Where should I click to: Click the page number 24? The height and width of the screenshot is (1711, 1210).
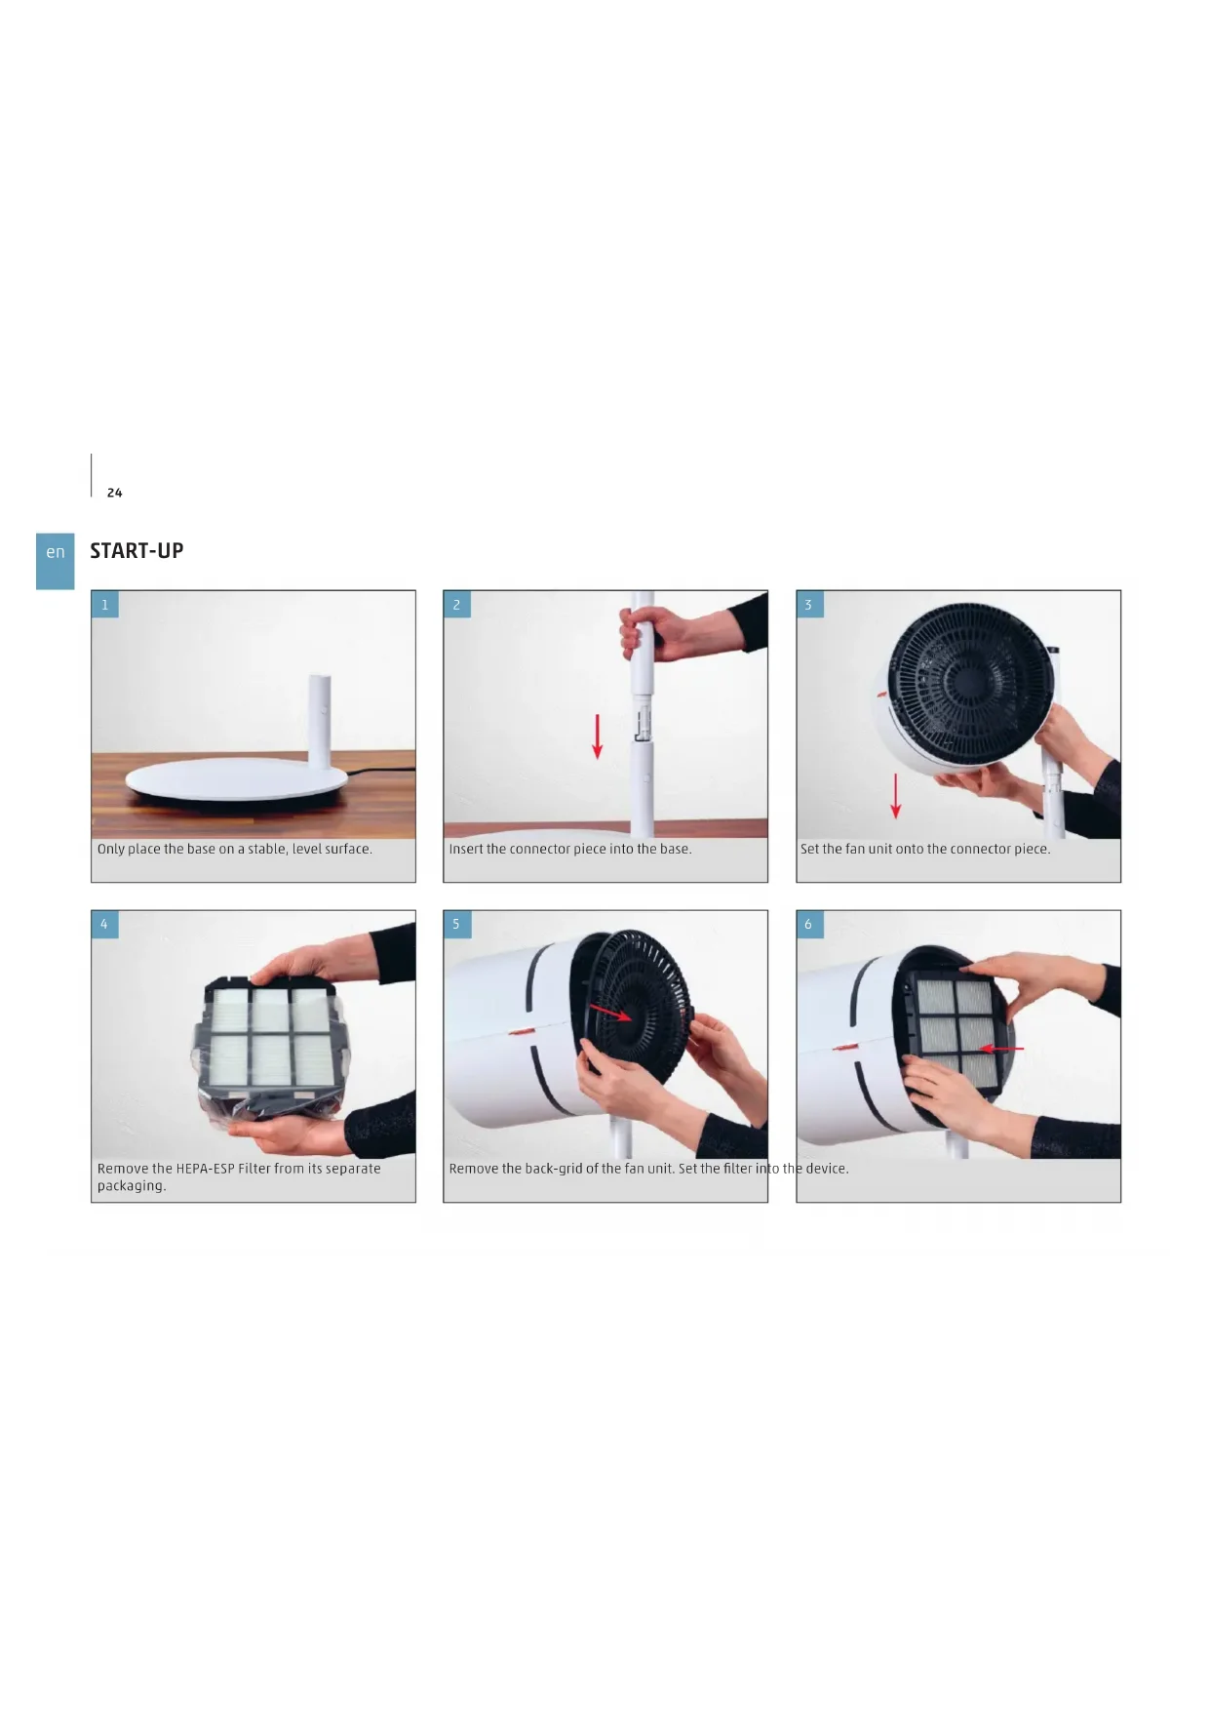pyautogui.click(x=115, y=493)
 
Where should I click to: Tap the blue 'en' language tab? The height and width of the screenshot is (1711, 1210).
pyautogui.click(x=56, y=561)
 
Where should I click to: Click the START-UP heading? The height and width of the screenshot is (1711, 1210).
pyautogui.click(x=137, y=550)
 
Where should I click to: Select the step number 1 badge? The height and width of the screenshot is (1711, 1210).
pyautogui.click(x=105, y=605)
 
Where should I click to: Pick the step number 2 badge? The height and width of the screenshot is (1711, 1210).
pyautogui.click(x=456, y=605)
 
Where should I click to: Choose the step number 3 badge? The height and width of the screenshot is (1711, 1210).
pyautogui.click(x=808, y=605)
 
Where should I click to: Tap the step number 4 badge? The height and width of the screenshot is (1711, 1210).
pyautogui.click(x=105, y=924)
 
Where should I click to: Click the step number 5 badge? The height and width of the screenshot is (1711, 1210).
pyautogui.click(x=456, y=924)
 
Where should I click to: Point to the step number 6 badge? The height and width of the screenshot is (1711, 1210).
pyautogui.click(x=808, y=924)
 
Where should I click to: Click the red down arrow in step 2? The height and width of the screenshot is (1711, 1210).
pyautogui.click(x=598, y=736)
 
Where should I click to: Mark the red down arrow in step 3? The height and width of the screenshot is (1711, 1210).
pyautogui.click(x=896, y=797)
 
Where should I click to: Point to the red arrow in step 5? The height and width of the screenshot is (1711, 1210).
pyautogui.click(x=610, y=1015)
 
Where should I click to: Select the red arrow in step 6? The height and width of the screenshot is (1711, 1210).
pyautogui.click(x=1001, y=1050)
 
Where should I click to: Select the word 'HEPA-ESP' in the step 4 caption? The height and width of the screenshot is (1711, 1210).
pyautogui.click(x=206, y=1169)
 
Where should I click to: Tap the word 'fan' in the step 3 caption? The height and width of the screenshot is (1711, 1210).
pyautogui.click(x=854, y=849)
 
